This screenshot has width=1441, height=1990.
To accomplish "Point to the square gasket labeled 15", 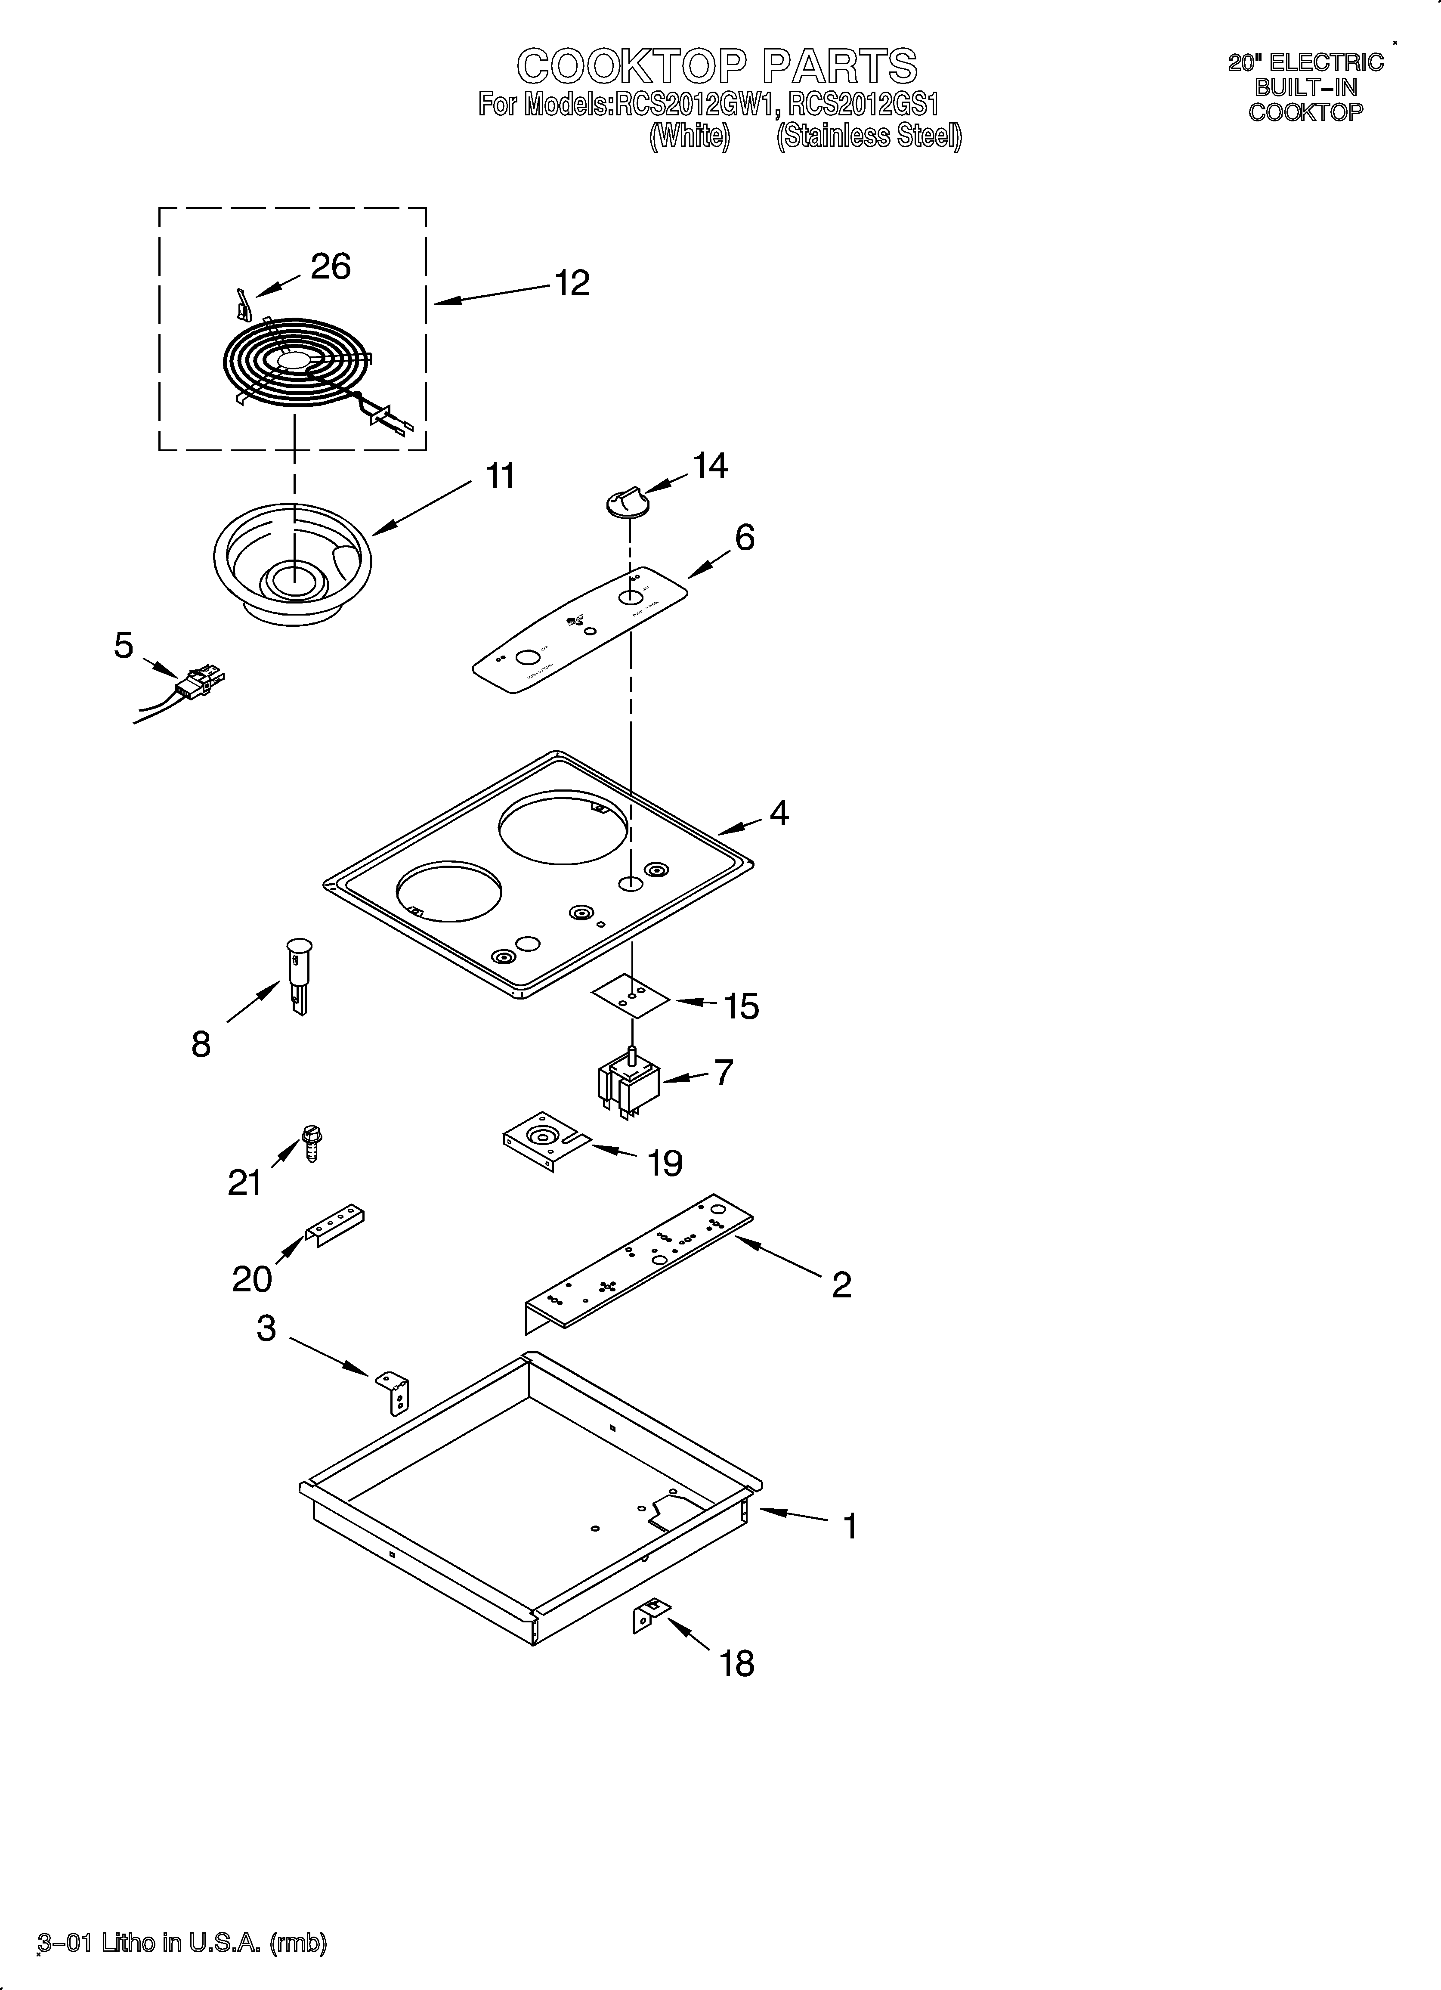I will tap(631, 996).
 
